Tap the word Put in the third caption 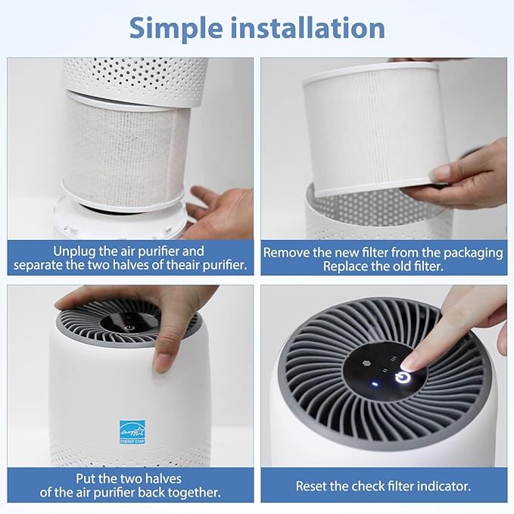coord(86,478)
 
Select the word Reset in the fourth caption coord(313,486)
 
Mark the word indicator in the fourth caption coord(443,486)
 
